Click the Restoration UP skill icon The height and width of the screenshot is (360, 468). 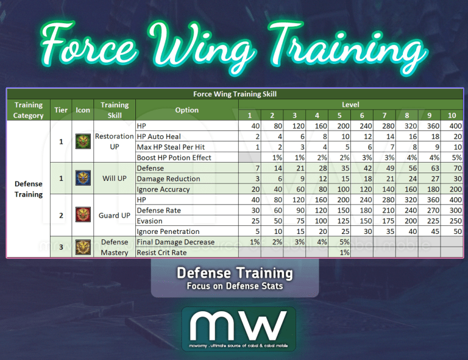click(82, 141)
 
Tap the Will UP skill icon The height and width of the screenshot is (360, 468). click(82, 178)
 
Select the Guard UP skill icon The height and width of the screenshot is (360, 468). click(82, 216)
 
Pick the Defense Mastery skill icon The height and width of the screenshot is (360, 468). click(82, 247)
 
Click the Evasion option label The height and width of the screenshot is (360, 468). click(150, 221)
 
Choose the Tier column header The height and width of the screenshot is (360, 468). click(60, 110)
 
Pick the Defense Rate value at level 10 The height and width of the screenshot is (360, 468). click(452, 210)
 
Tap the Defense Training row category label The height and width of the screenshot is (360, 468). click(29, 189)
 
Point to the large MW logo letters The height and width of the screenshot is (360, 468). click(238, 325)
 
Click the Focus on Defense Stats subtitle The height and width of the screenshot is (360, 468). click(235, 286)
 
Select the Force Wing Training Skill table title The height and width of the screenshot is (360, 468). click(235, 94)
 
